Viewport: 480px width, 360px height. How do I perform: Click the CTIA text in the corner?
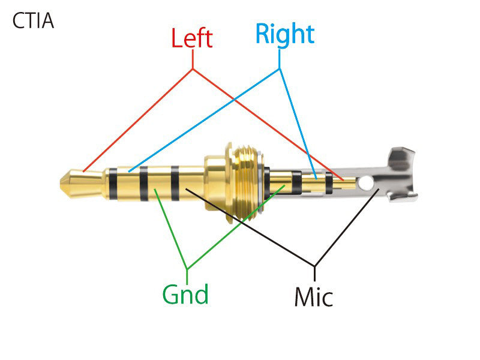33,22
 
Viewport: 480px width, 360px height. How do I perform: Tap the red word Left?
192,39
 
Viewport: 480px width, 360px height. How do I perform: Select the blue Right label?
284,34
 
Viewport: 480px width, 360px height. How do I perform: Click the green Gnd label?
185,294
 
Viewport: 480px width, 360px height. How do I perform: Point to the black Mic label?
313,296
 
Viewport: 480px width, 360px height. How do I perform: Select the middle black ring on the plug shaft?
144,183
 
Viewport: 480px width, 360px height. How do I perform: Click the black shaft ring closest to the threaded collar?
175,183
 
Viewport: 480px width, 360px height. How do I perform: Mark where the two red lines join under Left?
193,70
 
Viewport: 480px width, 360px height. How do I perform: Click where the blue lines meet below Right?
280,69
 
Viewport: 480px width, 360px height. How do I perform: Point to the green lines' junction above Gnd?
187,268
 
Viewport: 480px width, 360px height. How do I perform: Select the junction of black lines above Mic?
314,266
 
